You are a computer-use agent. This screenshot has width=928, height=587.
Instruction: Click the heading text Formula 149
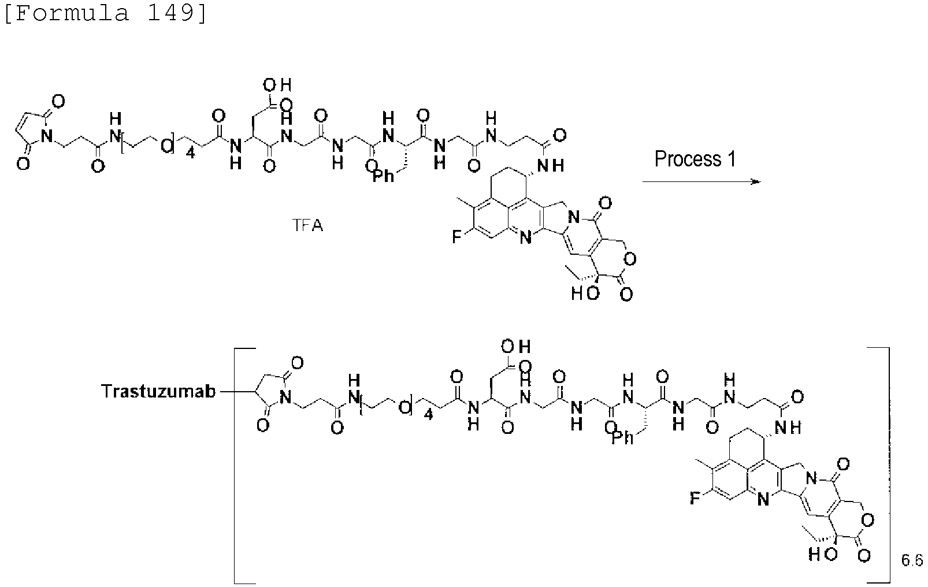[x=105, y=13]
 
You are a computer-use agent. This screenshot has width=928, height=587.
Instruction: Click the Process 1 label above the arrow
[x=695, y=159]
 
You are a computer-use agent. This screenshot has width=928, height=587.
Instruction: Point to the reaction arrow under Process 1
[x=702, y=181]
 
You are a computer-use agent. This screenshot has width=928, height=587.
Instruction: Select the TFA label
[x=307, y=225]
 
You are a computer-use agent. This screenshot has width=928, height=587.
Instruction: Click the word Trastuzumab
[x=159, y=391]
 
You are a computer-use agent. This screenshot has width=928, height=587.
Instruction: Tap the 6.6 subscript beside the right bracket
[x=912, y=560]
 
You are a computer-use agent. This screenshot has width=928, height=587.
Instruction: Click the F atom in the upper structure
[x=456, y=237]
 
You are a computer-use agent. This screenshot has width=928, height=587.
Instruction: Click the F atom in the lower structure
[x=695, y=497]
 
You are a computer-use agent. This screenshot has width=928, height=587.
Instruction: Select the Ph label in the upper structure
[x=383, y=176]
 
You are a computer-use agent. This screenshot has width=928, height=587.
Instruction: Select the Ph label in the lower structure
[x=623, y=437]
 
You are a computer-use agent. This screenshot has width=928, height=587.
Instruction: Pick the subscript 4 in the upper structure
[x=190, y=154]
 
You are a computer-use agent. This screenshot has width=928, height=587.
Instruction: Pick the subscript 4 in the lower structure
[x=428, y=414]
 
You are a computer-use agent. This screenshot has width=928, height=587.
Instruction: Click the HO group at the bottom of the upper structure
[x=585, y=293]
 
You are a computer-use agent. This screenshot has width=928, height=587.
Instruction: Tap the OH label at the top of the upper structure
[x=277, y=86]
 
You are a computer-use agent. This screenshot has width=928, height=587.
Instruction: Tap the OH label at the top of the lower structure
[x=516, y=346]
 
